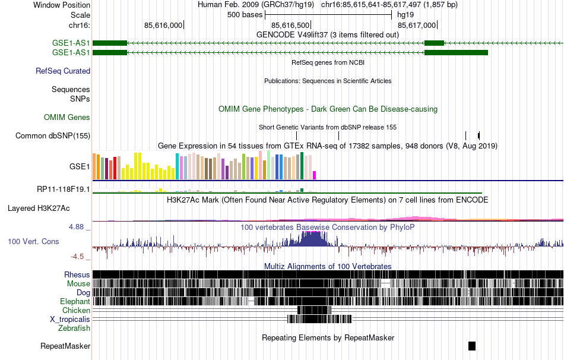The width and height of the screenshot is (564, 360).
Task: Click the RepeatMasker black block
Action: pyautogui.click(x=472, y=346)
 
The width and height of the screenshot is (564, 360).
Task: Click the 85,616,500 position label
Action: pyautogui.click(x=290, y=25)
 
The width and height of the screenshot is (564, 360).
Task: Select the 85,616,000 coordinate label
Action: pyautogui.click(x=163, y=25)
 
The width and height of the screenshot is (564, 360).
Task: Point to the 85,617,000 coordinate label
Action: pyautogui.click(x=417, y=25)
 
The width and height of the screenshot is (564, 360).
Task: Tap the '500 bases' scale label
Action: pyautogui.click(x=245, y=15)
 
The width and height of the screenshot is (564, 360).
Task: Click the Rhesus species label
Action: pyautogui.click(x=77, y=274)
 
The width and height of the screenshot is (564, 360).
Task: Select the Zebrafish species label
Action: pyautogui.click(x=74, y=328)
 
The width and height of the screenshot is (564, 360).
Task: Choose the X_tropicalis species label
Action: pyautogui.click(x=70, y=319)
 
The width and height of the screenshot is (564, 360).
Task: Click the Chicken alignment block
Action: pyautogui.click(x=314, y=310)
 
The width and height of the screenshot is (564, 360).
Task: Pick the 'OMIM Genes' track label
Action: pyautogui.click(x=67, y=118)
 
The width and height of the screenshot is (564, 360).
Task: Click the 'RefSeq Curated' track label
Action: pyautogui.click(x=63, y=71)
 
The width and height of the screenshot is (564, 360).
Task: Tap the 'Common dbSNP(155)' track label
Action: pyautogui.click(x=53, y=135)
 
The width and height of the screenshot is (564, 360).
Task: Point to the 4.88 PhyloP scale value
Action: pyautogui.click(x=78, y=227)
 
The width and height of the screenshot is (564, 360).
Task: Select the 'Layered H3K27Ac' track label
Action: pyautogui.click(x=39, y=209)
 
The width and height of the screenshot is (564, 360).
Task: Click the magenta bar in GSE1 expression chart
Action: pyautogui.click(x=315, y=175)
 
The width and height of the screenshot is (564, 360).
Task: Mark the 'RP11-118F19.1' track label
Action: pyautogui.click(x=64, y=190)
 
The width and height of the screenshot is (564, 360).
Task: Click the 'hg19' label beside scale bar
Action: pyautogui.click(x=405, y=15)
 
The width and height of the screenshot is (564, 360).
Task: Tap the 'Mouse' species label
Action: pyautogui.click(x=78, y=283)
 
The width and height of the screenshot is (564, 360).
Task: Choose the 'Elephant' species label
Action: pyautogui.click(x=75, y=301)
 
